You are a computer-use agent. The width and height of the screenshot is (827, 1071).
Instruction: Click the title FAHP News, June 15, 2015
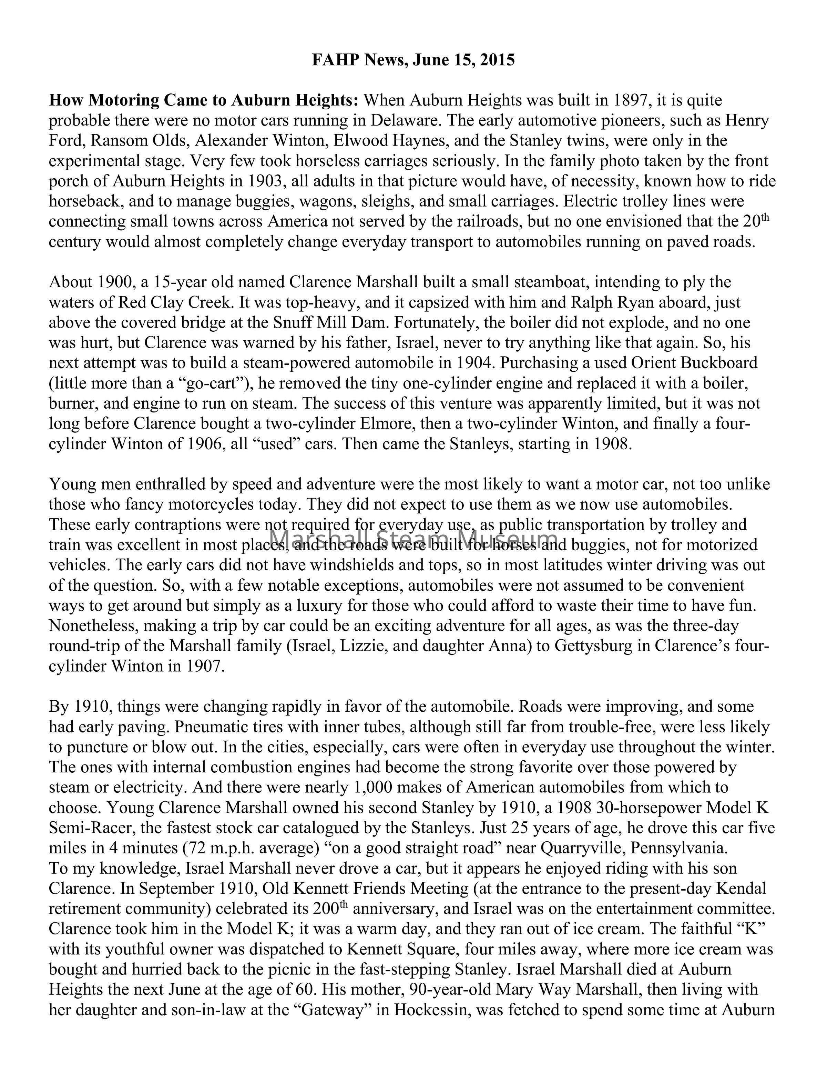click(413, 60)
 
